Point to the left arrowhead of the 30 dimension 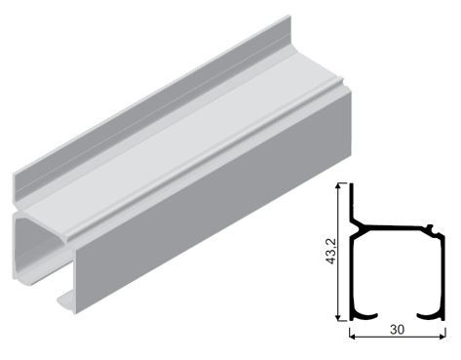352,337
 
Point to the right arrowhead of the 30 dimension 443,337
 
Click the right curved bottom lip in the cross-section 430,314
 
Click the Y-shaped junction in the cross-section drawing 362,228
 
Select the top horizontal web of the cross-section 400,232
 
